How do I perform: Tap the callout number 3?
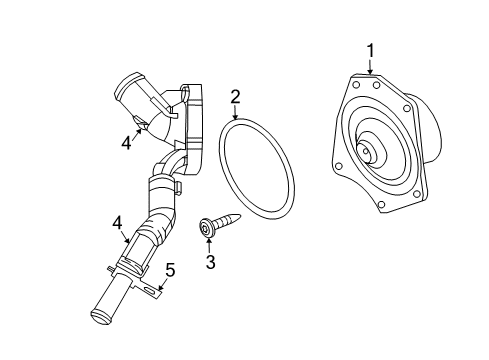[x=210, y=262]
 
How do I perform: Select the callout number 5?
[x=170, y=269]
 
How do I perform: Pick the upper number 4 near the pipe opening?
[x=127, y=143]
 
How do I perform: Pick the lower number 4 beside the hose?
[x=117, y=223]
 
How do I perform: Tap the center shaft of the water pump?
[x=367, y=153]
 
